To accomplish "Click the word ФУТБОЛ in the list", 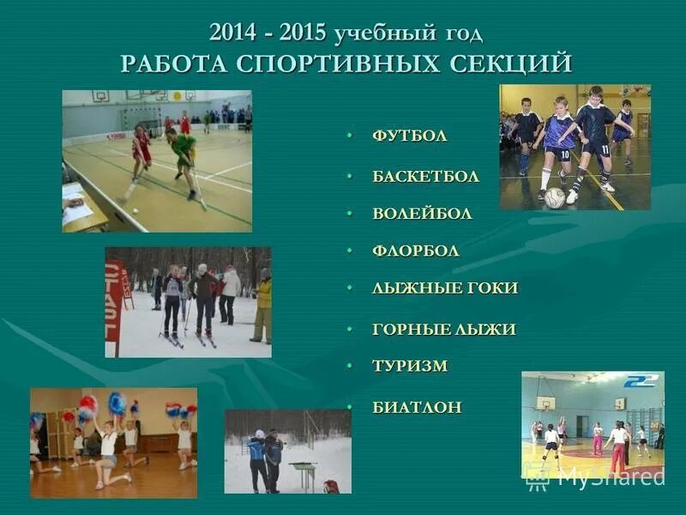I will [x=409, y=136].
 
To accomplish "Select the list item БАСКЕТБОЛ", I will [x=425, y=177].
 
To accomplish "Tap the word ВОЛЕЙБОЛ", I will [x=422, y=214].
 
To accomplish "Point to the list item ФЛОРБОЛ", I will [x=416, y=251].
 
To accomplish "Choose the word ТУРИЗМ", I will [x=410, y=366].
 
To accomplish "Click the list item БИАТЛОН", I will [x=417, y=407].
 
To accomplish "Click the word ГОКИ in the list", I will [x=488, y=288].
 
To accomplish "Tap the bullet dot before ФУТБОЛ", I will [x=350, y=136].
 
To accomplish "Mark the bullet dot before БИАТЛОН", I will [x=350, y=408].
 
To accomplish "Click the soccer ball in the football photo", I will [x=554, y=198].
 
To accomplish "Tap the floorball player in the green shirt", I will [x=184, y=152].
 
